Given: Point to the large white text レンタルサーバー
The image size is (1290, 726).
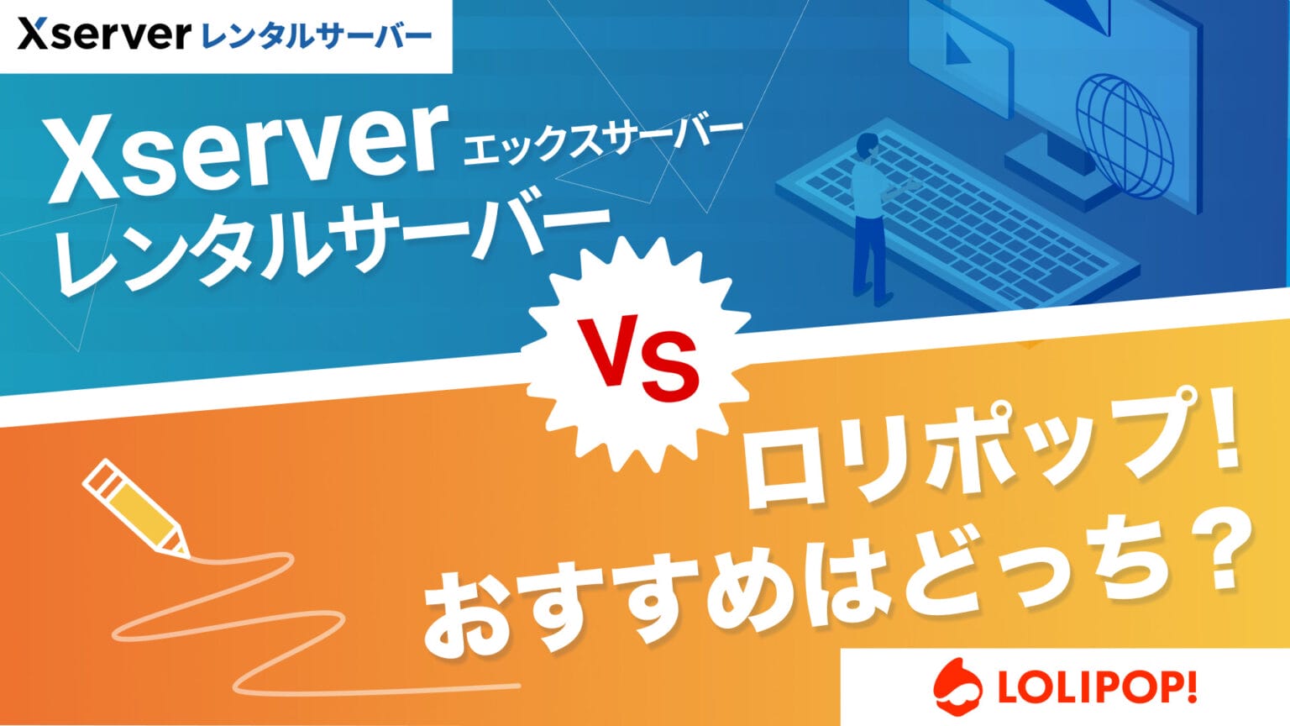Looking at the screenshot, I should pos(332,248).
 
